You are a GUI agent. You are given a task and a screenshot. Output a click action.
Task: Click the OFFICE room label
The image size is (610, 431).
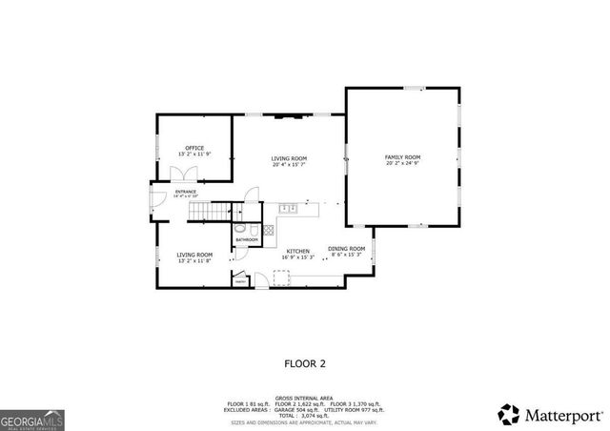(194, 148)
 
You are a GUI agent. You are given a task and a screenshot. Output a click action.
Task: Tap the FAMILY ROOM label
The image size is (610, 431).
(402, 156)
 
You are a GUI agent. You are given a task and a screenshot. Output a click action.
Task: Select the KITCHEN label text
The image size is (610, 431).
(297, 251)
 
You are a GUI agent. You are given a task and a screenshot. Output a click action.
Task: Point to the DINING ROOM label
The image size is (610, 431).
(345, 248)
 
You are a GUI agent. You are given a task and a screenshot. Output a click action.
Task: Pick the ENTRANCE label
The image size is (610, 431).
(185, 192)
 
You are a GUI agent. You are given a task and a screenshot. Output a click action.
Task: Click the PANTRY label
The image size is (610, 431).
(240, 281)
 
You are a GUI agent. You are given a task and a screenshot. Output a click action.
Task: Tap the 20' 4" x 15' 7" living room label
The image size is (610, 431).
(289, 164)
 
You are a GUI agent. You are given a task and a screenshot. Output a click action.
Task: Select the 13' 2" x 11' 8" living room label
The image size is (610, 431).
(194, 260)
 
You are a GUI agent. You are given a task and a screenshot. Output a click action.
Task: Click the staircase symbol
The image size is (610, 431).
(210, 211)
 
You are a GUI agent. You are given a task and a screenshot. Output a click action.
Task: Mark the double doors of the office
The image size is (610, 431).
(181, 174)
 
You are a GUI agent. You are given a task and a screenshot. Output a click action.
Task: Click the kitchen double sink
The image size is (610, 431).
(289, 208)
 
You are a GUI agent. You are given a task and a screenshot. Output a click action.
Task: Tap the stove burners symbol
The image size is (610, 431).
(270, 230)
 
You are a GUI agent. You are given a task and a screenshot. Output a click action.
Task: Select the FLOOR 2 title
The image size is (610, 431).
(305, 363)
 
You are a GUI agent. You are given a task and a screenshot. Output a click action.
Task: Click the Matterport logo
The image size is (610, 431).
(551, 415)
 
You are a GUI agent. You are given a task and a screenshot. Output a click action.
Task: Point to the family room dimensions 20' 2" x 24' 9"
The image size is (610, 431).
(402, 163)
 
